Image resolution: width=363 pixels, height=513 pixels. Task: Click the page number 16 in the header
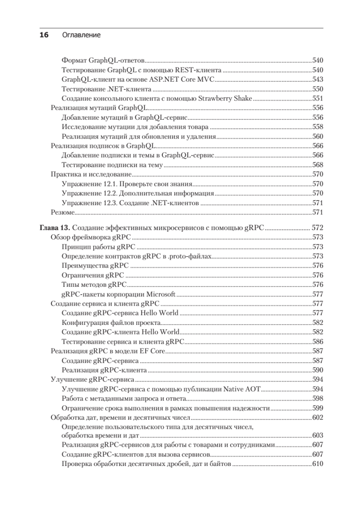(x=44, y=35)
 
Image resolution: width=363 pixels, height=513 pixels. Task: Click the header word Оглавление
(x=82, y=35)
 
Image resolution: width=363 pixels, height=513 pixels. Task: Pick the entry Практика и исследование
(x=91, y=174)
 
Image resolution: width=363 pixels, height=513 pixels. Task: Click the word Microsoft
(x=162, y=294)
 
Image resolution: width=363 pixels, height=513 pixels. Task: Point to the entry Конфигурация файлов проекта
(x=111, y=322)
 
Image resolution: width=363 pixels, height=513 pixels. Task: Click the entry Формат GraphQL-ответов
(x=103, y=60)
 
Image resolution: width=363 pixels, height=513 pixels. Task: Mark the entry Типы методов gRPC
(x=94, y=284)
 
